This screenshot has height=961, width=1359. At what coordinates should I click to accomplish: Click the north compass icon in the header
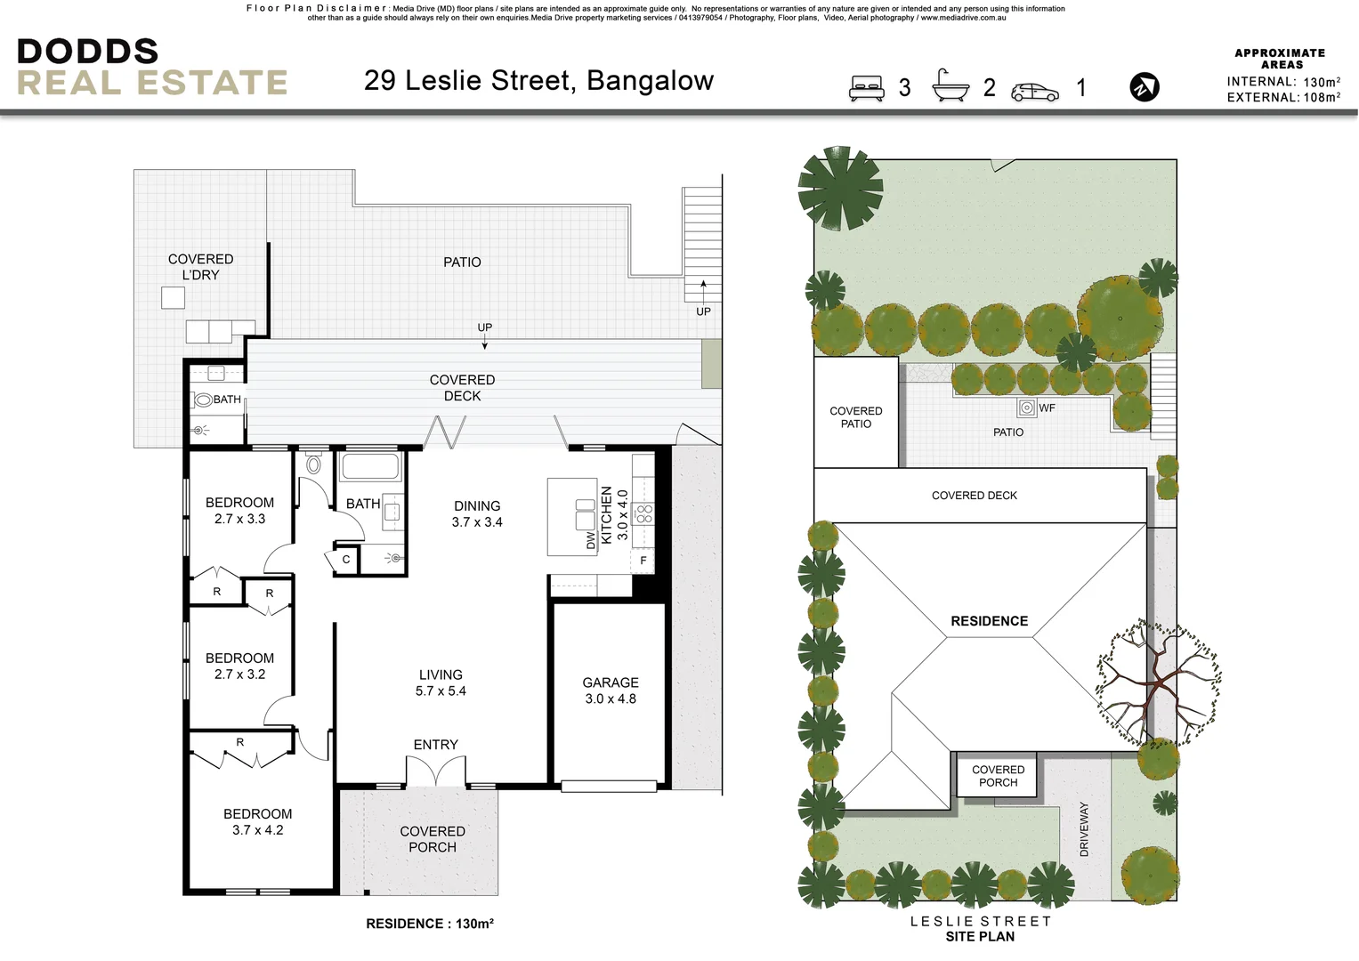[1145, 87]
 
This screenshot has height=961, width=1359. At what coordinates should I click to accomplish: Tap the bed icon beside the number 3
[866, 88]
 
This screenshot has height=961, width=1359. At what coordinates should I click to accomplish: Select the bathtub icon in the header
[950, 86]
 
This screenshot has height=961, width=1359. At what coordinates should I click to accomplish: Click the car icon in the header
[1035, 92]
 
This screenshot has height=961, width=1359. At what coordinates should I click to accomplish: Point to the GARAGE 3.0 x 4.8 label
[611, 690]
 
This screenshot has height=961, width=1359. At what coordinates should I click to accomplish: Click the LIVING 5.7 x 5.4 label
[441, 682]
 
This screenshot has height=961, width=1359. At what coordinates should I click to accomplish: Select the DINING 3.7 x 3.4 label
[477, 513]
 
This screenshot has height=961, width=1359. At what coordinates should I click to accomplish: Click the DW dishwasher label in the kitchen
[591, 540]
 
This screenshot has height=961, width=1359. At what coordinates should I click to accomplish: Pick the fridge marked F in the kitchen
[643, 561]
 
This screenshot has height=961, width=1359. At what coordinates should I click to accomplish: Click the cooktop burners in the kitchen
[643, 513]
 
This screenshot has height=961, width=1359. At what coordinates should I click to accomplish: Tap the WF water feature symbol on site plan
[1027, 408]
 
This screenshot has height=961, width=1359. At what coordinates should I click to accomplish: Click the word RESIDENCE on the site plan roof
[989, 621]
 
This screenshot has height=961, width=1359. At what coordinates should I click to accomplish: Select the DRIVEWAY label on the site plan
[1084, 829]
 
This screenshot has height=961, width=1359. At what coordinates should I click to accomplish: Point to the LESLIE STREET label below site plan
[980, 921]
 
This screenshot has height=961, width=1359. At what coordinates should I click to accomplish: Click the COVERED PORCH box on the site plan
[998, 776]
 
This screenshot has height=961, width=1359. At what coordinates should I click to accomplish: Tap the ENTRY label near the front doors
[435, 745]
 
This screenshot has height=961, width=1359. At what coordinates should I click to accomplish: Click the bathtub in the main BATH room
[371, 467]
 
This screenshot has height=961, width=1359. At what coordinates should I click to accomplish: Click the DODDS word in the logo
[87, 52]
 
